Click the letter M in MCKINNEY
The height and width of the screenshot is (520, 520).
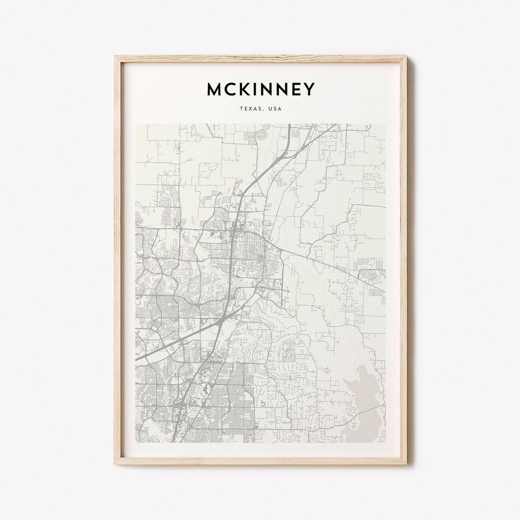pos(215,89)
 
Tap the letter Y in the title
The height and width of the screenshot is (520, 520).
pos(309,89)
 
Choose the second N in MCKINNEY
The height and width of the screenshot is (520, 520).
pos(281,89)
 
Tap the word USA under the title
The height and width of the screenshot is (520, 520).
pos(275,109)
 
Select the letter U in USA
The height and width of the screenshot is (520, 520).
pos(270,109)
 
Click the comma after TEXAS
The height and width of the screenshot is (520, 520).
pos(263,110)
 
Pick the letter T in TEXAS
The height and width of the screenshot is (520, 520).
pos(241,109)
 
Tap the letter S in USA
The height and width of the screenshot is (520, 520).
pos(275,109)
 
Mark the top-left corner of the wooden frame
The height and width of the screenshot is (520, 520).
pos(115,56)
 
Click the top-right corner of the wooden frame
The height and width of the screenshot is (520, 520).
pos(406,56)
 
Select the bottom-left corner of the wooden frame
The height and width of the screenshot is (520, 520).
pos(115,464)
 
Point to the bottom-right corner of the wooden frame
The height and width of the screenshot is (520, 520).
pos(406,464)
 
